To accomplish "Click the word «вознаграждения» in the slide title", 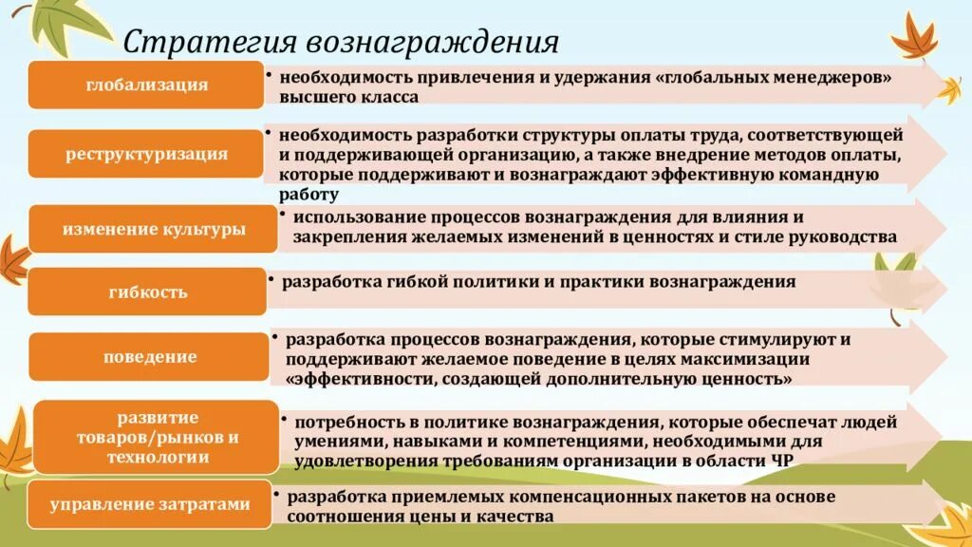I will coord(431,41).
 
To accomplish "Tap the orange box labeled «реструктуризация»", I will coord(146,154).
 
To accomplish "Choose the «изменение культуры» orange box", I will coord(153,230).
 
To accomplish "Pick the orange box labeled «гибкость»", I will coord(147,292).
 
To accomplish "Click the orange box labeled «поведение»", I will coord(150,357).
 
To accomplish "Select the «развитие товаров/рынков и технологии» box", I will coord(157,437).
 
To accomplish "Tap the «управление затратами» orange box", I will coord(149,505).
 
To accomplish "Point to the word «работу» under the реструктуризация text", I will coord(308,194).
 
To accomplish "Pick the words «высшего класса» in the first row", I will coord(347,97).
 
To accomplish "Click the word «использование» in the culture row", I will coord(352,217).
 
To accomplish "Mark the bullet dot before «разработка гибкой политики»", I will coord(271,280).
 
